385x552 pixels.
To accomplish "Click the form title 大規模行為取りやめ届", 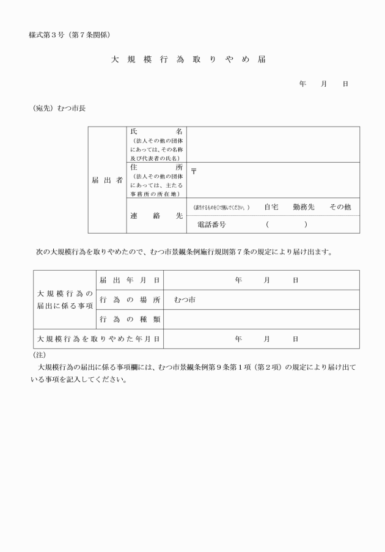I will pos(188,61).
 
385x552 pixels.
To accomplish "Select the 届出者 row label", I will pos(107,180).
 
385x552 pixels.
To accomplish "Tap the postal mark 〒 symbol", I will pos(194,172).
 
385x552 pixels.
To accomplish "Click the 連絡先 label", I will pos(156,216).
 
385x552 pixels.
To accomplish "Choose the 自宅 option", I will pos(271,207).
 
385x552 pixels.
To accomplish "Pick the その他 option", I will pos(340,207).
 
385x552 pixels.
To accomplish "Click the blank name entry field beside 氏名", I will pos(273,144).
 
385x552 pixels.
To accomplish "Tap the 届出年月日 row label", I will pos(129,280).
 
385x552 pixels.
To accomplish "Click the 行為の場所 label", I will pos(129,300).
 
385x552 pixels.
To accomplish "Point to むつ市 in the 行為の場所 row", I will pos(184,300).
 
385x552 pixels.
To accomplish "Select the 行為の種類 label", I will pos(129,319).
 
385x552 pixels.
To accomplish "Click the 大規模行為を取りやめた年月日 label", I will pos(98,338).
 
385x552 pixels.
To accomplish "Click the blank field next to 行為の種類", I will pos(261,319).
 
